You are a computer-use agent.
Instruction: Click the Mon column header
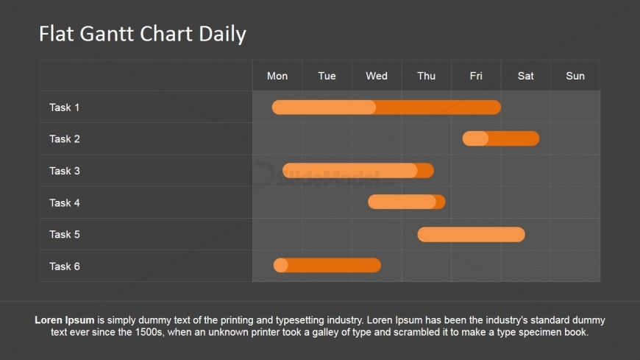pyautogui.click(x=277, y=76)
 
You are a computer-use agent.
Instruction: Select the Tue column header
pyautogui.click(x=327, y=76)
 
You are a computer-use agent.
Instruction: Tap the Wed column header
pyautogui.click(x=377, y=76)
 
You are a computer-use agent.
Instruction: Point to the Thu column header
pyautogui.click(x=426, y=76)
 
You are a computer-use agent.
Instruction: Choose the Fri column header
pyautogui.click(x=476, y=76)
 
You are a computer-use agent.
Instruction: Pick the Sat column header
pyautogui.click(x=526, y=76)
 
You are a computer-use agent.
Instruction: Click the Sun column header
pyautogui.click(x=575, y=76)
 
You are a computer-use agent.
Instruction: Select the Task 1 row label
pyautogui.click(x=65, y=107)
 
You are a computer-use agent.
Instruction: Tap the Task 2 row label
pyautogui.click(x=65, y=139)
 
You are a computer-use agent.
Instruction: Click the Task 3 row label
pyautogui.click(x=65, y=171)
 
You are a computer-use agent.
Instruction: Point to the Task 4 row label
pyautogui.click(x=65, y=202)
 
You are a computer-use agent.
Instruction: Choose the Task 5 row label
pyautogui.click(x=65, y=235)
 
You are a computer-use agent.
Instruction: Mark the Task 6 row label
pyautogui.click(x=65, y=267)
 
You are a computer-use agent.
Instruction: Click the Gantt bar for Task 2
pyautogui.click(x=501, y=138)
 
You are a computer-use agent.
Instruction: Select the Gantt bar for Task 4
pyautogui.click(x=407, y=202)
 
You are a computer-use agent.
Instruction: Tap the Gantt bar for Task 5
pyautogui.click(x=471, y=235)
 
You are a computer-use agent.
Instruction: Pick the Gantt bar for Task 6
pyautogui.click(x=327, y=265)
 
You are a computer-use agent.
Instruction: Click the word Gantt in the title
pyautogui.click(x=107, y=34)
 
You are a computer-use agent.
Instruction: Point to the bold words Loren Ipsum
pyautogui.click(x=65, y=320)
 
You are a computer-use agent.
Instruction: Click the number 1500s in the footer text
pyautogui.click(x=149, y=332)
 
